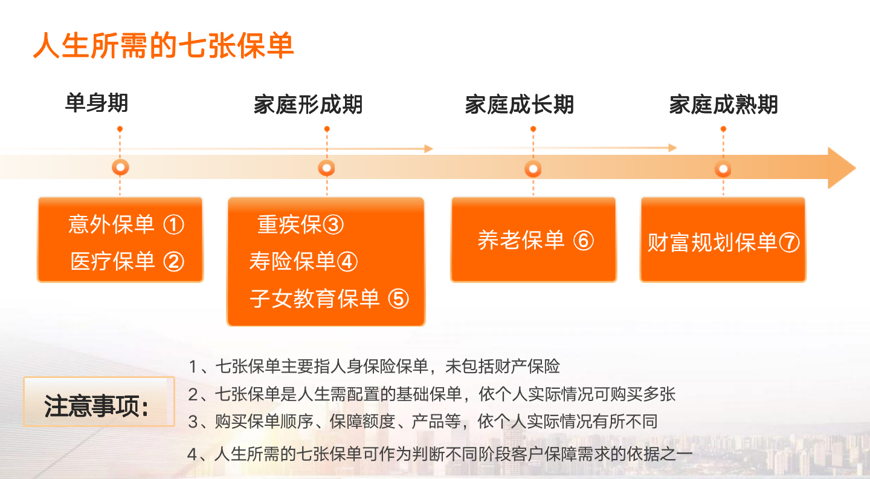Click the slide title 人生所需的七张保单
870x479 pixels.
(164, 45)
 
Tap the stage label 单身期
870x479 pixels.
(97, 103)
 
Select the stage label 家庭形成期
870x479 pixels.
(308, 105)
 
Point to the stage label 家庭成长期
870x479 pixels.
(520, 105)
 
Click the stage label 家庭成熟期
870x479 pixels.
(723, 105)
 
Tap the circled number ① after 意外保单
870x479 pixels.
(173, 225)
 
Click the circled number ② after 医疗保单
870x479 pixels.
(173, 262)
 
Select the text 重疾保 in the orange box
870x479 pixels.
(289, 224)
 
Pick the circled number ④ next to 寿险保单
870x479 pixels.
(347, 262)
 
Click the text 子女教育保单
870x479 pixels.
(315, 299)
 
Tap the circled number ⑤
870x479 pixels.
(399, 299)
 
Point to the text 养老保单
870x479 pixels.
(521, 240)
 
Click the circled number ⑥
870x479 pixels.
(584, 241)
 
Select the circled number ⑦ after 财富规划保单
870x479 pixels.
(789, 243)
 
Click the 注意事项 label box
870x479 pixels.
(99, 402)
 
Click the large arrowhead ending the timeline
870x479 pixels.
(841, 168)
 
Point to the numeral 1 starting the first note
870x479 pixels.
(193, 367)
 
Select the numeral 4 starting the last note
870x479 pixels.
(193, 454)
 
